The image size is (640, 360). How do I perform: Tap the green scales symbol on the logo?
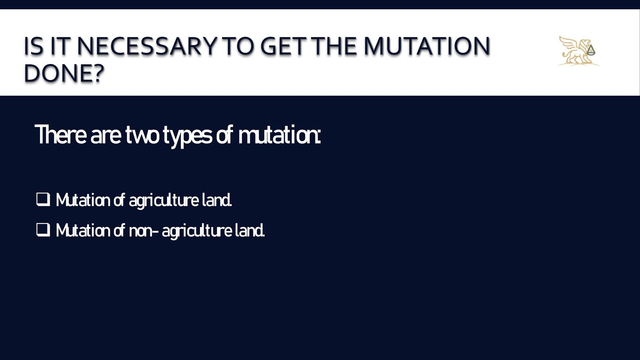[x=591, y=50]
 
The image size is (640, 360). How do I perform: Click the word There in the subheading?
[x=60, y=135]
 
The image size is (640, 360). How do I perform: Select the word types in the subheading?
[x=187, y=136]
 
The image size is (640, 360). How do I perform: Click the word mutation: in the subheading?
[x=279, y=135]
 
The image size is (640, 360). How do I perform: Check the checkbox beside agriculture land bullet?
[x=43, y=199]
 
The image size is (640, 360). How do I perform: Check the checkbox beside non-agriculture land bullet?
[x=43, y=230]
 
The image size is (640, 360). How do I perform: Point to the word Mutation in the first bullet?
[x=83, y=200]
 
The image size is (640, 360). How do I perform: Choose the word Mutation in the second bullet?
[x=83, y=230]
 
